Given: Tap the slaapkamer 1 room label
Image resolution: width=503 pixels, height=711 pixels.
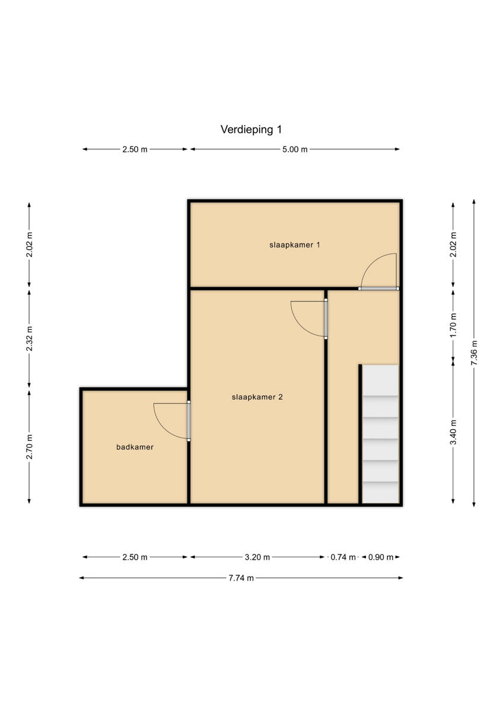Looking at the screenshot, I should point(295,244).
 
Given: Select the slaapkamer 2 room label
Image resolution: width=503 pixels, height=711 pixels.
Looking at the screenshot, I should point(257,397).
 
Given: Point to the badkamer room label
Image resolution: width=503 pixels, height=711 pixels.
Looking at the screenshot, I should point(135,447).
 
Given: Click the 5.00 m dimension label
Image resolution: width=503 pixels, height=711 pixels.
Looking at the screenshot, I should point(295,149).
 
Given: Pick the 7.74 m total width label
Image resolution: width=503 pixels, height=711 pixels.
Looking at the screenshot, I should point(241,578).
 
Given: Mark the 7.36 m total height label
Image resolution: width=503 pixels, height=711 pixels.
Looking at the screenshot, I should point(474,353).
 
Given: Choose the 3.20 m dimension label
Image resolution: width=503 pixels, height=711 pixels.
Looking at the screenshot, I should point(257,557).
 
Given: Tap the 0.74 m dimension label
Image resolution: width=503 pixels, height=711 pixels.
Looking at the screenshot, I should point(343,557).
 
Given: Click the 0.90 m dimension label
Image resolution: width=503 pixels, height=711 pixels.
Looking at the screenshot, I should point(381,557).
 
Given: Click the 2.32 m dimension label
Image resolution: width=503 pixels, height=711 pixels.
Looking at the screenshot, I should point(29,339).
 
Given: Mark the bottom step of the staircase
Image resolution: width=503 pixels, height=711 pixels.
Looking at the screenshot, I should point(380,492).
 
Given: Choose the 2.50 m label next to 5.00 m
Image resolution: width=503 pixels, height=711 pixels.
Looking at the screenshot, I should point(135,149).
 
